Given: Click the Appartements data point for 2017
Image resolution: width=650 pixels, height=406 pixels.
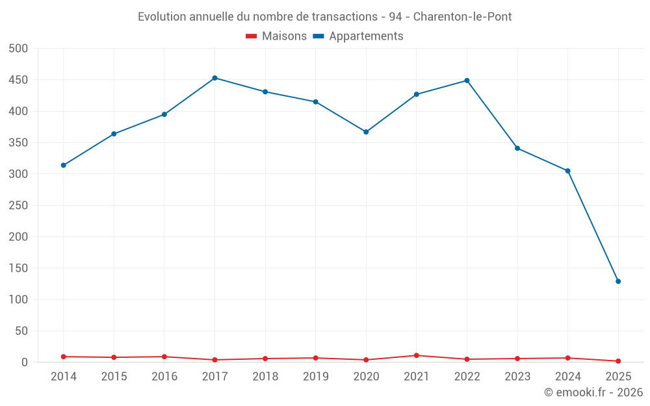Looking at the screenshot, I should pos(214,78).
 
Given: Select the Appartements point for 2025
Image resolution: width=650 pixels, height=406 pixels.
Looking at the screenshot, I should pos(618,281).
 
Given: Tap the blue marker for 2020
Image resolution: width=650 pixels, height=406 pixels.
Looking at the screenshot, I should pos(366,132).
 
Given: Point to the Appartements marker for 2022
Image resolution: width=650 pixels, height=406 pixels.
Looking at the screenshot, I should pos(467,81).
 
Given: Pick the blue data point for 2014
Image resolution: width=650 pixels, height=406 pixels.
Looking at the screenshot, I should pos(63,165).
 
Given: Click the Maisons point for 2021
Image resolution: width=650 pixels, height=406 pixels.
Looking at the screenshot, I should pos(417,355).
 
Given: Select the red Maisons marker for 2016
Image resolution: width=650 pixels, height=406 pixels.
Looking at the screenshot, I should pos(164,357).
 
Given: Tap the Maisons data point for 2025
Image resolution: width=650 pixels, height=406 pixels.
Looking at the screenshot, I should pos(618,361).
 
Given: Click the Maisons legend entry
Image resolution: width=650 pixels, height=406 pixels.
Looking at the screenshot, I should pos(276,36).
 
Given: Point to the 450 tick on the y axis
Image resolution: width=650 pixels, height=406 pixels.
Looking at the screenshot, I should pos(18,80).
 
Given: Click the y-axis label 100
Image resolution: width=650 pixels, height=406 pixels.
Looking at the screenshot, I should pos(18,299).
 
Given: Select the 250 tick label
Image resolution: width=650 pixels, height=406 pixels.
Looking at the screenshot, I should pos(18,205).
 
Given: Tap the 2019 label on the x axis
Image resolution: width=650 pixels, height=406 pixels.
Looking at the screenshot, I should pos(316,377).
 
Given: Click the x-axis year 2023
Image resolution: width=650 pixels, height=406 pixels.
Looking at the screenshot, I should pos(517,377).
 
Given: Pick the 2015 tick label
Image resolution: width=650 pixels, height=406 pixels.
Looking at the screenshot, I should pos(114,377).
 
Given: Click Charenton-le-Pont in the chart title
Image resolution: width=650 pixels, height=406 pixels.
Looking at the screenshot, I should pos(462,17).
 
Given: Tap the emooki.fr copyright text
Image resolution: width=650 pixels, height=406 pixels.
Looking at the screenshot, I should pos(593,392).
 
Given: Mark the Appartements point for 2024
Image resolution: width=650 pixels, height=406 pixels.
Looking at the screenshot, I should pos(567,171).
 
